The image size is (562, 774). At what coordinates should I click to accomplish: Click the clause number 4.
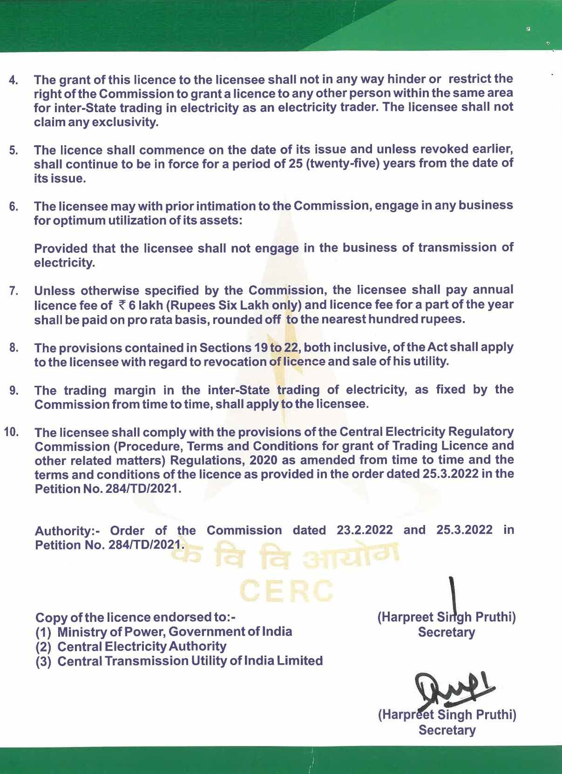click(14, 80)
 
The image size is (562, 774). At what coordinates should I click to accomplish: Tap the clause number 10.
click(12, 432)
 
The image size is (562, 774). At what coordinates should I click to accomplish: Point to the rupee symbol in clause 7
click(122, 305)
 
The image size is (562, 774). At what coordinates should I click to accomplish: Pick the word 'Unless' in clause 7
click(54, 291)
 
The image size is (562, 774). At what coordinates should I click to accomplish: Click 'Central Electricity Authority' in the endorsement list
click(142, 646)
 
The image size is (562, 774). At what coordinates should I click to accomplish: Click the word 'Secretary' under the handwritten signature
click(447, 730)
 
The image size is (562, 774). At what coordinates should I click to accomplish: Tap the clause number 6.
click(14, 207)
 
